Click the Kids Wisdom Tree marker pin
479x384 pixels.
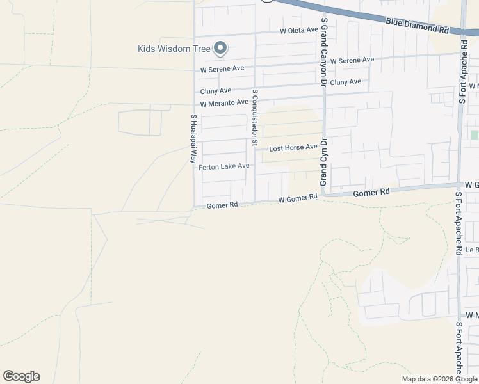click(220, 47)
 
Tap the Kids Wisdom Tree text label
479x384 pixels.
click(175, 49)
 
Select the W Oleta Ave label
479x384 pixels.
click(298, 30)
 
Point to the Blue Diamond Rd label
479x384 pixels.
click(417, 26)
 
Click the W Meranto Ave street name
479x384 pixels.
click(223, 103)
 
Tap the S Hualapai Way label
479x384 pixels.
click(193, 139)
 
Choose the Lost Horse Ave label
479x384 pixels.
click(293, 148)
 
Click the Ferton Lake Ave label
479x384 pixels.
click(223, 166)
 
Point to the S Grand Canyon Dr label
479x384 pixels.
click(325, 52)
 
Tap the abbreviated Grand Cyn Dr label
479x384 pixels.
click(324, 161)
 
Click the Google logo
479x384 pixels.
click(21, 376)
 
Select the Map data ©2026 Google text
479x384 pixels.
click(440, 379)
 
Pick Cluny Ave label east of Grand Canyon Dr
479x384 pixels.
click(346, 82)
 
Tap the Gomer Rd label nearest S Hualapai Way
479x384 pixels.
click(222, 205)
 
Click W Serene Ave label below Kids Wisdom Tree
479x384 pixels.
click(222, 68)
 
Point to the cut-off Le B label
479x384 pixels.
click(472, 250)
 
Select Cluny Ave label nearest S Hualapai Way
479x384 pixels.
click(215, 91)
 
